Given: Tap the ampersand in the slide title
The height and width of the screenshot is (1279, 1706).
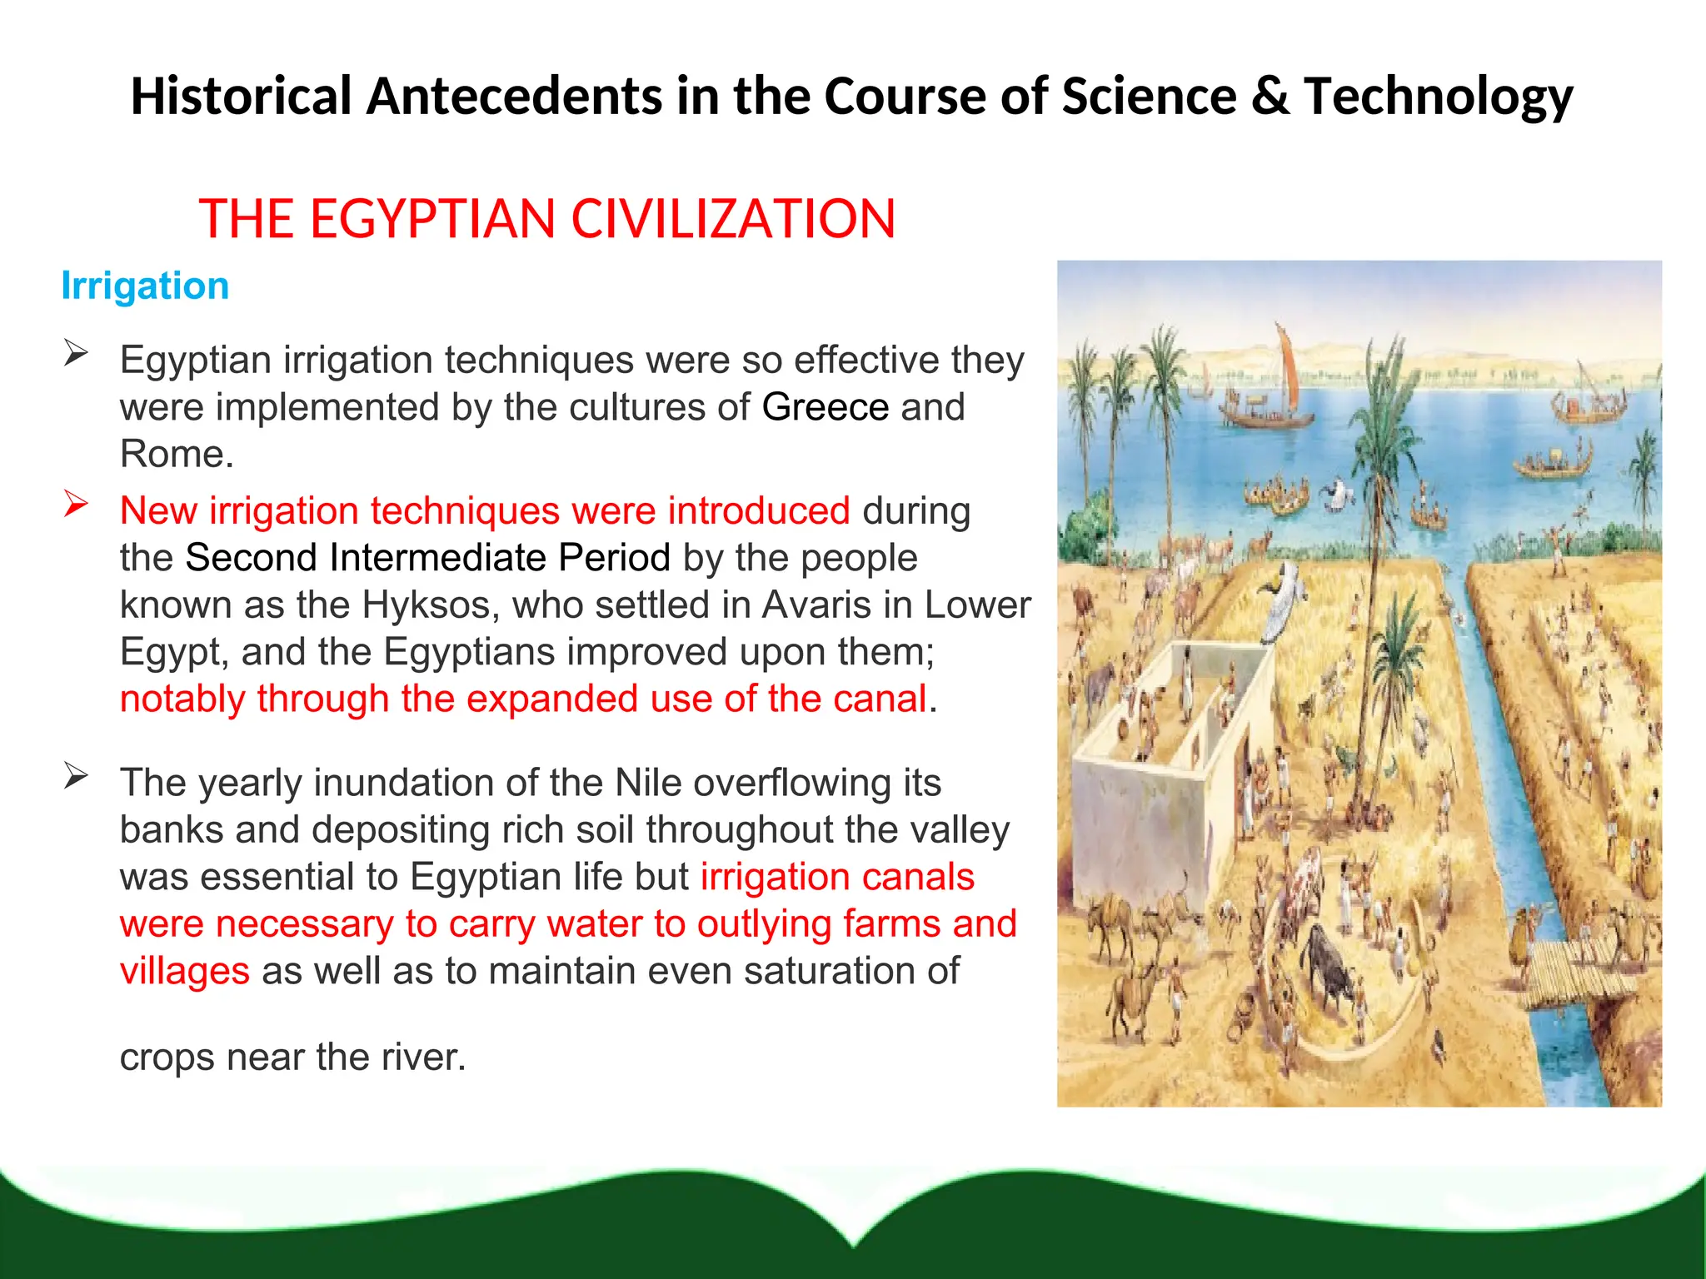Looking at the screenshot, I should (1269, 96).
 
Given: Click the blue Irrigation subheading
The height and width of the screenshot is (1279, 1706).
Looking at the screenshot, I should (145, 286).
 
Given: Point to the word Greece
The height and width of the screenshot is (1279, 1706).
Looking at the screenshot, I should (826, 407).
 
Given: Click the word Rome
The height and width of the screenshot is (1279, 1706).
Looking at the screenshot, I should (175, 455).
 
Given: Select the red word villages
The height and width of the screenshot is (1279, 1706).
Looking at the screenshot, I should (184, 971).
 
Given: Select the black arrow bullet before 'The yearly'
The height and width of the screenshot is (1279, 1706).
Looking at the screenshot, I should (76, 776).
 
